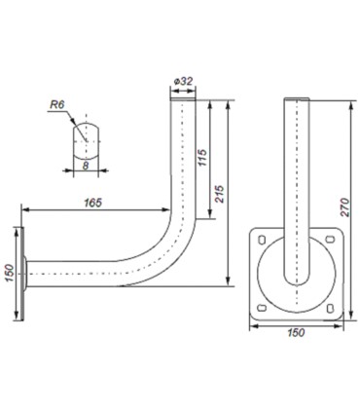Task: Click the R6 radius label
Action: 57,105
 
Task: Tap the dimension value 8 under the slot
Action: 86,166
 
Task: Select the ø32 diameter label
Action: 183,81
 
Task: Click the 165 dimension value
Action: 93,203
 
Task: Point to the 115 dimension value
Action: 202,158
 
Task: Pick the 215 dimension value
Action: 220,194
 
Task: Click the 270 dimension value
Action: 345,207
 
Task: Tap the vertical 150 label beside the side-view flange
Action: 9,273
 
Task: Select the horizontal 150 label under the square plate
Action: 296,332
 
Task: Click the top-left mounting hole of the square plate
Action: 262,240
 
